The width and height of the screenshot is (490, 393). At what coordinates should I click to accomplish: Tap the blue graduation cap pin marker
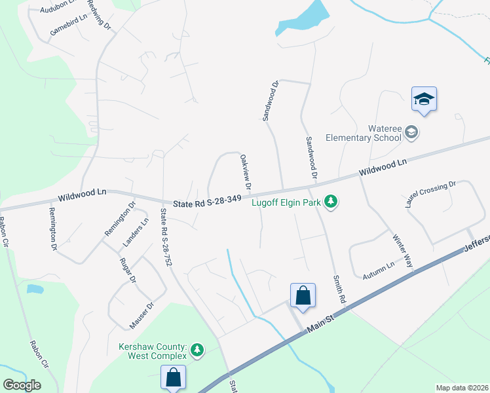pyautogui.click(x=424, y=100)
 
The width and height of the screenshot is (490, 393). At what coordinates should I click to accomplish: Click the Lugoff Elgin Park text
pyautogui.click(x=286, y=202)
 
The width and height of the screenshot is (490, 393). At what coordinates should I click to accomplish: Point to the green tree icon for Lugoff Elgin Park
pyautogui.click(x=331, y=202)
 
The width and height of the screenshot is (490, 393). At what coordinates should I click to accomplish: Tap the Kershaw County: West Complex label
pyautogui.click(x=153, y=351)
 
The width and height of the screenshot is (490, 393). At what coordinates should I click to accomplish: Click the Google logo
pyautogui.click(x=22, y=385)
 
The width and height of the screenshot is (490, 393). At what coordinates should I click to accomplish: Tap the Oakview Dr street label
pyautogui.click(x=246, y=172)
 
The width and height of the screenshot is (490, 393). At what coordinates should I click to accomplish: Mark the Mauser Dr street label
pyautogui.click(x=141, y=316)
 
